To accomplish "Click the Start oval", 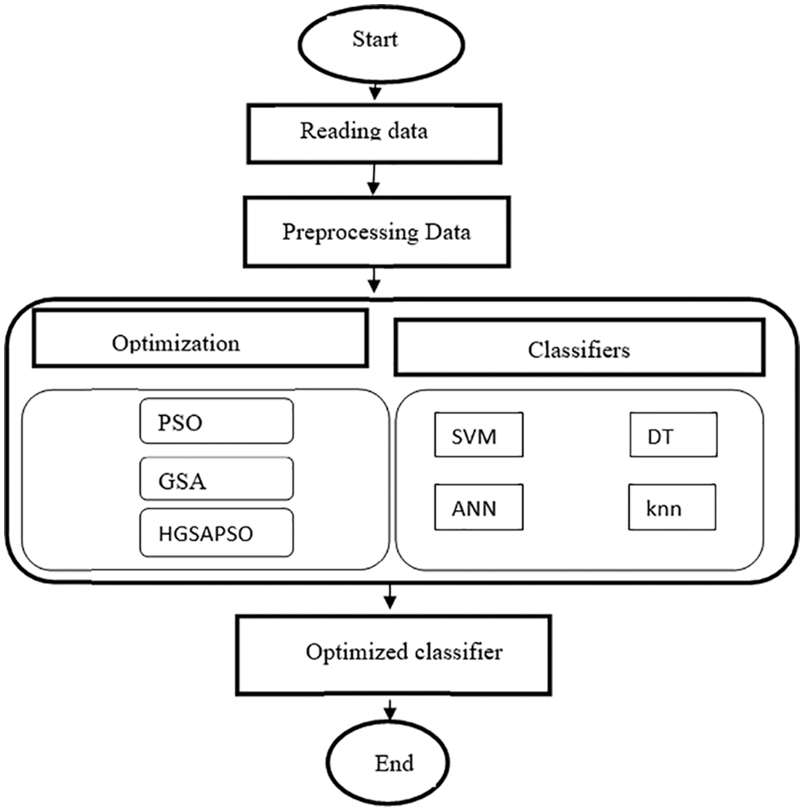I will click(375, 39).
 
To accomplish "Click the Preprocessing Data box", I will click(376, 232).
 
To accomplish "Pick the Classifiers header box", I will click(578, 349).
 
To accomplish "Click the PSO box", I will click(216, 421).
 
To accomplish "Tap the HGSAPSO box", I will click(216, 533).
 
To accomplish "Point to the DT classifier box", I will click(673, 436).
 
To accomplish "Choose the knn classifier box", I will click(673, 508).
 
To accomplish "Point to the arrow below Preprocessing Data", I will click(374, 281).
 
